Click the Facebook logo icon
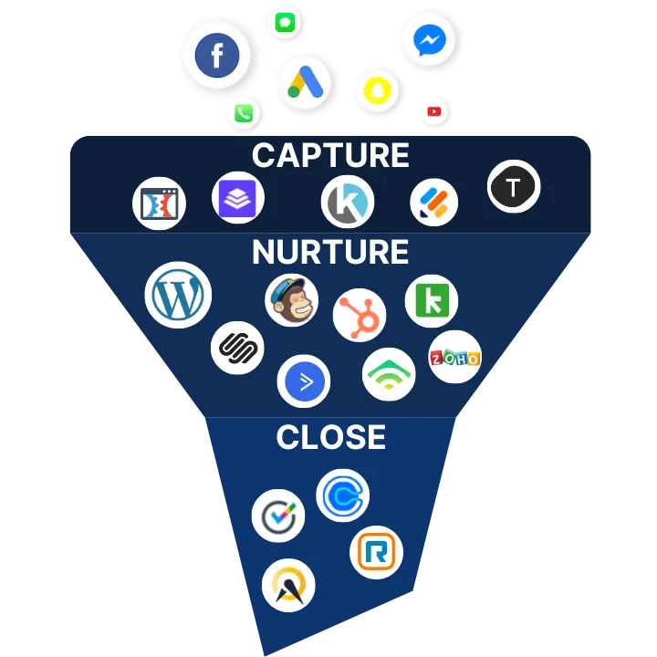[x=216, y=56]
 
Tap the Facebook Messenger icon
[x=428, y=39]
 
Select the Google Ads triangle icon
[x=304, y=83]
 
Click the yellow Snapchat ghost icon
[x=377, y=89]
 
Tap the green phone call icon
[x=244, y=113]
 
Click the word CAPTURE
[x=330, y=156]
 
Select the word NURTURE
[x=330, y=252]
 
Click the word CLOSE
[x=330, y=438]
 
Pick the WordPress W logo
[x=178, y=296]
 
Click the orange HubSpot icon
[x=359, y=315]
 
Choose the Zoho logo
[x=454, y=358]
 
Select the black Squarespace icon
[x=237, y=348]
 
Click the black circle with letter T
[x=514, y=187]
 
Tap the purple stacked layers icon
[x=238, y=198]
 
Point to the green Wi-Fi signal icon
[x=389, y=374]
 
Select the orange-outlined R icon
[x=376, y=552]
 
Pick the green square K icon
[x=432, y=301]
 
